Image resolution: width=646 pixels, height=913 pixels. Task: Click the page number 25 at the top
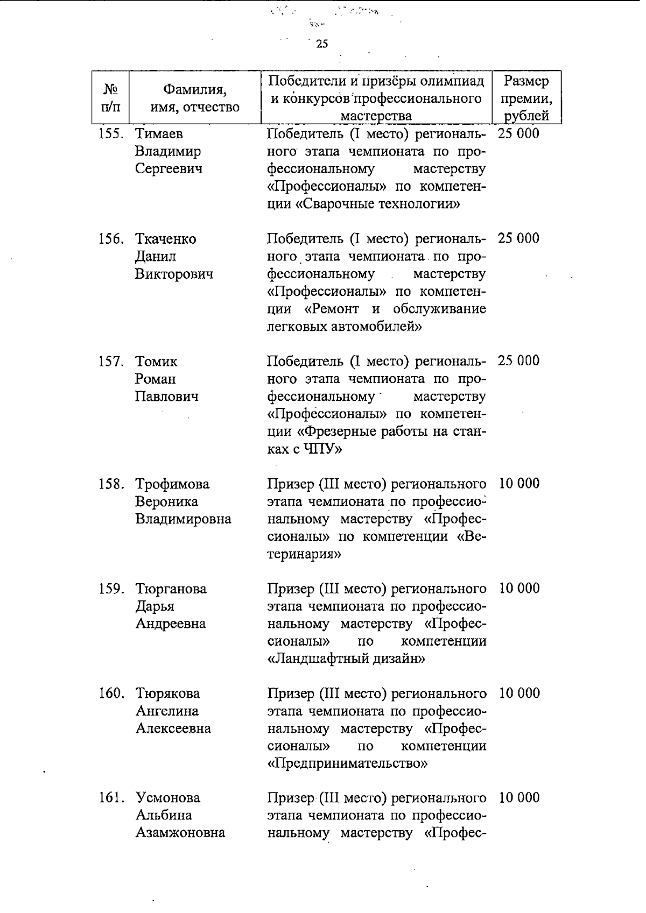(322, 44)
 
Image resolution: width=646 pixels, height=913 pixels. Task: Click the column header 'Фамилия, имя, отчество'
(194, 97)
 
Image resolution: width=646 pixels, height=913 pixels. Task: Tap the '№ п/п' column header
(110, 97)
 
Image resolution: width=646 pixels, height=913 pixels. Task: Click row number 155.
(111, 133)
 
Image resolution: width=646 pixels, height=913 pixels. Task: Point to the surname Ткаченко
(165, 239)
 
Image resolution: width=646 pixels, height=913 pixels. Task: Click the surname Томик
(156, 362)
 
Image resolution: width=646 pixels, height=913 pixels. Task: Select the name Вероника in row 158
(166, 501)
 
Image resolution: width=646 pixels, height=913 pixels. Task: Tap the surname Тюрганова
(171, 589)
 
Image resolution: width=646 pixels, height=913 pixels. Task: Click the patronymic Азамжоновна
(180, 833)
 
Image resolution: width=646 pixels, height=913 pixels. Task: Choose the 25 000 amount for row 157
(518, 360)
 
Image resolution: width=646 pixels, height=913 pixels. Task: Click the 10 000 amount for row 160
(519, 693)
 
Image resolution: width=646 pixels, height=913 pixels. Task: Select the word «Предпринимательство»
(347, 763)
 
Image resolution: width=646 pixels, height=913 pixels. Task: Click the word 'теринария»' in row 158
(304, 554)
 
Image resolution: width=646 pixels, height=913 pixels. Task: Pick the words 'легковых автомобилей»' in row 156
(343, 327)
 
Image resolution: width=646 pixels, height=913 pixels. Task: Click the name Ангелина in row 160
(167, 711)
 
